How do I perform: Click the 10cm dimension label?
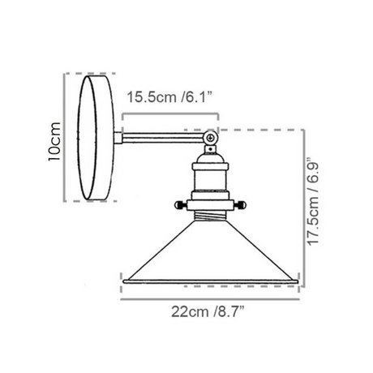pyautogui.click(x=54, y=141)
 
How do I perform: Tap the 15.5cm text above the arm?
pyautogui.click(x=152, y=97)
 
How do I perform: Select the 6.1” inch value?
pyautogui.click(x=196, y=97)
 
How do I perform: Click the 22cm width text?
pyautogui.click(x=191, y=312)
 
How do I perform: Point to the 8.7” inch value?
pyautogui.click(x=229, y=312)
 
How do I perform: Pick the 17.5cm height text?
pyautogui.click(x=314, y=221)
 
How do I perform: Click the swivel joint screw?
pyautogui.click(x=210, y=138)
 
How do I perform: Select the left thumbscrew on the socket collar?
pyautogui.click(x=181, y=205)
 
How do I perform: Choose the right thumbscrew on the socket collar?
pyautogui.click(x=239, y=205)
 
